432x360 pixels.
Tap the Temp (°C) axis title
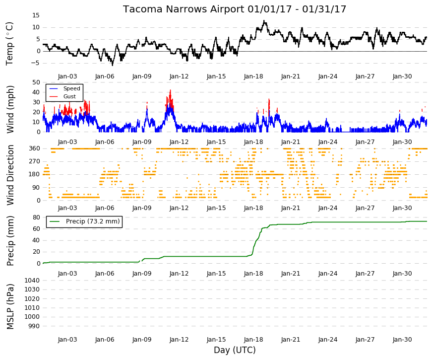(x=9, y=44)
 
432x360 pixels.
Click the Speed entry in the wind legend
(x=71, y=88)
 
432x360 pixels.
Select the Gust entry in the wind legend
(x=69, y=96)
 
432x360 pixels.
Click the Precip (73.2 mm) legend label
(x=93, y=221)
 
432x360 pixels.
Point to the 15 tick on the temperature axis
(x=36, y=15)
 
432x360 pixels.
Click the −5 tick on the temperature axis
(x=35, y=63)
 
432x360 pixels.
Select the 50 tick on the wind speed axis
(x=36, y=82)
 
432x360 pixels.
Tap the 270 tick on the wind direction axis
(x=34, y=161)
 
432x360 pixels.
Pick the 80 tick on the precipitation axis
(x=36, y=217)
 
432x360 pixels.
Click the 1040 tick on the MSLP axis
(x=32, y=281)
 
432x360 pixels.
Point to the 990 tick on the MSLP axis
(x=34, y=326)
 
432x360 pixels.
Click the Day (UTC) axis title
(x=235, y=350)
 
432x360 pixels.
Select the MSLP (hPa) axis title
(x=10, y=306)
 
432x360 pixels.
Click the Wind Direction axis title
(x=10, y=175)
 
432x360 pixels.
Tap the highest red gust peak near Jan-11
(x=170, y=90)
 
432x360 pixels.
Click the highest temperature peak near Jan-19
(x=264, y=20)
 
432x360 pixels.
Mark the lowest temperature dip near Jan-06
(x=113, y=65)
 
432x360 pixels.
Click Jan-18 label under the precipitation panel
(x=253, y=274)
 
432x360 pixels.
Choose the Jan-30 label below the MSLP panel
(x=402, y=340)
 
